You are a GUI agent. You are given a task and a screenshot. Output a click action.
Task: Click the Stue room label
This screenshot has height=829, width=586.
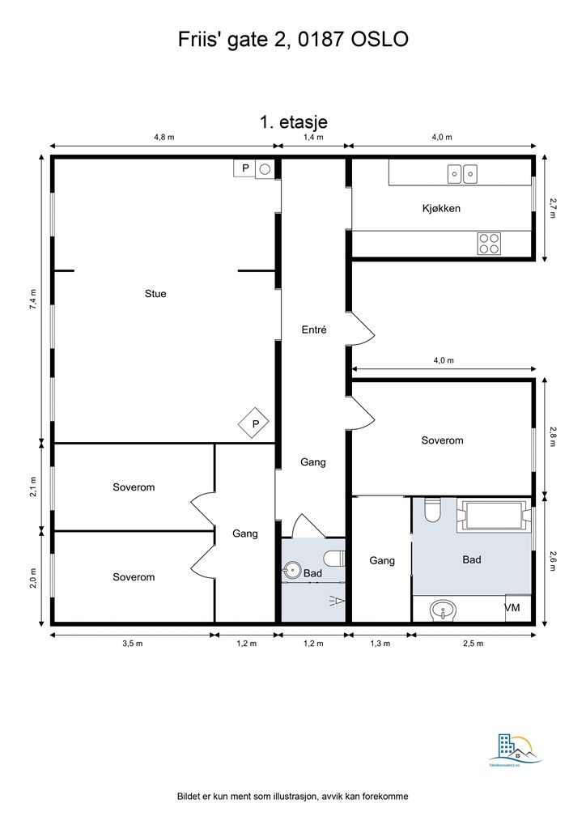155,294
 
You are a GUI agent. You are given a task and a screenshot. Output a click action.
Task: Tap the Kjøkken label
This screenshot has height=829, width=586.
441,208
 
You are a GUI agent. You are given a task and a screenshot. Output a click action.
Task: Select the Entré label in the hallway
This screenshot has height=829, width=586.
313,329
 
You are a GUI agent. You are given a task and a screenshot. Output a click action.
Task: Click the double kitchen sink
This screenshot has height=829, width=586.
463,172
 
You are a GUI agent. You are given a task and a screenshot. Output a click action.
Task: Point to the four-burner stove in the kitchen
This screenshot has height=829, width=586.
489,243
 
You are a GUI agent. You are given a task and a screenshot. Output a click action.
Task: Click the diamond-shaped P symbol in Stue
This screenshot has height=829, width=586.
254,423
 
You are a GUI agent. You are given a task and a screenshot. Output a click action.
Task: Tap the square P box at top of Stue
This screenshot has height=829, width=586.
244,168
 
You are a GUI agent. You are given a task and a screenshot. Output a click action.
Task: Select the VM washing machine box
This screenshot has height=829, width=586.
512,608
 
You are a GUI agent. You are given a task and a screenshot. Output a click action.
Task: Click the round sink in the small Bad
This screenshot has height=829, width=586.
291,573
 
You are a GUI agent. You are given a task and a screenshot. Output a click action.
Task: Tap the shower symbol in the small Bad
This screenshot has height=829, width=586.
336,600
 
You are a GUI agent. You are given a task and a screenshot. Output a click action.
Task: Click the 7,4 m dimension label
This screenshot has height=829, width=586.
33,299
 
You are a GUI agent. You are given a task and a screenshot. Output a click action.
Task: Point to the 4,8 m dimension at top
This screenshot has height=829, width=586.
164,138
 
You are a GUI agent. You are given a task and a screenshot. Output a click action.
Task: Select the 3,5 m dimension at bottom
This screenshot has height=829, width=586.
132,644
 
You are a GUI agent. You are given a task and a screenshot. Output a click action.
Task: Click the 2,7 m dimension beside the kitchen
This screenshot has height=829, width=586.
553,208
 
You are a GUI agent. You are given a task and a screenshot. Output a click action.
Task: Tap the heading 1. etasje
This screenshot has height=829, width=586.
293,121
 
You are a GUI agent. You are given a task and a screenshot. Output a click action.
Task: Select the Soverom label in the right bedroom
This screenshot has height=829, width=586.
442,440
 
